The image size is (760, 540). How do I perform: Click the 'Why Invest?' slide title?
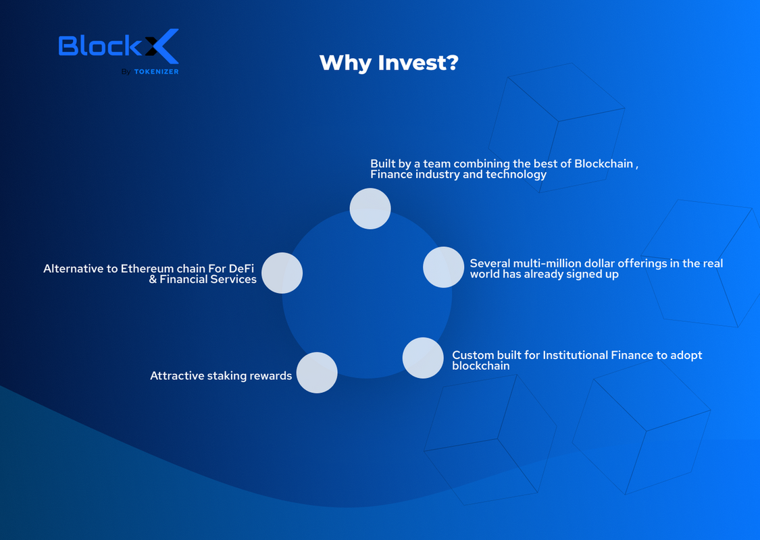[x=388, y=63]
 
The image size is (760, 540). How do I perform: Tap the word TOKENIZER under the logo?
[x=156, y=72]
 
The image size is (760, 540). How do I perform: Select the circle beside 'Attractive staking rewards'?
[x=317, y=373]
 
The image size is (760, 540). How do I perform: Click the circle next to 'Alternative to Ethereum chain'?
[x=282, y=273]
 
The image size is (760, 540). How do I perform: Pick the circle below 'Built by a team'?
[x=370, y=209]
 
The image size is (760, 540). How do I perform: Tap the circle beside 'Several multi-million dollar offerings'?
[x=443, y=267]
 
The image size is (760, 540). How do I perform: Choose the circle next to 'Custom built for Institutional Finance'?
[x=423, y=358]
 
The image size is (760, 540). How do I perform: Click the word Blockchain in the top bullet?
[x=604, y=164]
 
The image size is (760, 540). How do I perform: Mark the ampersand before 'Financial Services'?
[x=153, y=279]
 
